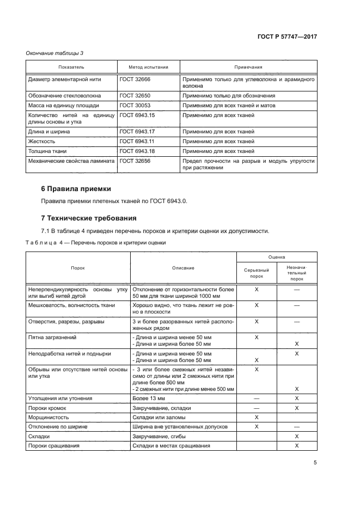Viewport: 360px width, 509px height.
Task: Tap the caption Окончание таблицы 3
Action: pyautogui.click(x=55, y=53)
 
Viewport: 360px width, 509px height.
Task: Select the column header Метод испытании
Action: pyautogui.click(x=148, y=67)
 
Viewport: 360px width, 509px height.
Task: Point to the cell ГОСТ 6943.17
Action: pyautogui.click(x=137, y=131)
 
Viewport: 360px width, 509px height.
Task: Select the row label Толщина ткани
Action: pyautogui.click(x=48, y=151)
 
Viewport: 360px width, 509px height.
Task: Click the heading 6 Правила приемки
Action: pyautogui.click(x=76, y=189)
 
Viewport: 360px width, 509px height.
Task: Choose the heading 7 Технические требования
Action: pyautogui.click(x=89, y=218)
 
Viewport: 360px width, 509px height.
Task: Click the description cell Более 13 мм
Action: pyautogui.click(x=149, y=398)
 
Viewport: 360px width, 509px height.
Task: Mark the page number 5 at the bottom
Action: pyautogui.click(x=315, y=463)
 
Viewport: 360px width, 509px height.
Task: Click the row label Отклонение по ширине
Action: pyautogui.click(x=58, y=427)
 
